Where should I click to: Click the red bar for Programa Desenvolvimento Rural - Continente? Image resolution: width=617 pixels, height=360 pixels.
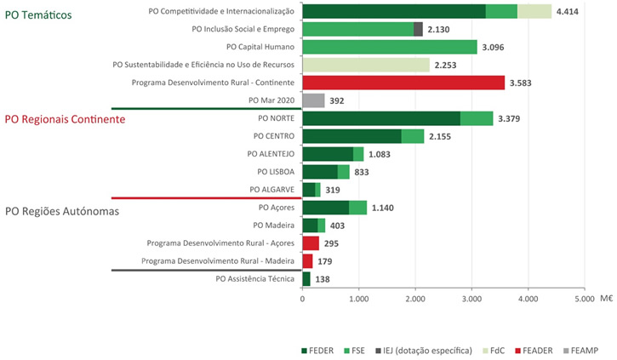click(403, 83)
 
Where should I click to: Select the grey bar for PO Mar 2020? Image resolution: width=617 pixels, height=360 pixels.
click(313, 100)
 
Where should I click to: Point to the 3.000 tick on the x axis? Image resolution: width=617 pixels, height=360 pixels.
click(471, 299)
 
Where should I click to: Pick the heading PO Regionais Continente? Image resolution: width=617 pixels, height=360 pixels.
click(66, 119)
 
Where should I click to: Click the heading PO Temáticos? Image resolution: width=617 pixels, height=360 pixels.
click(38, 15)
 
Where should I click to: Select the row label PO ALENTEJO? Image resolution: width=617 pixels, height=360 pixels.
click(270, 154)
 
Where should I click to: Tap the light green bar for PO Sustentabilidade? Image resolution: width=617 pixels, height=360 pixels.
click(365, 65)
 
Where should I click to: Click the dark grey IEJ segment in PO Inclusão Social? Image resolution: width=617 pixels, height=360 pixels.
click(418, 29)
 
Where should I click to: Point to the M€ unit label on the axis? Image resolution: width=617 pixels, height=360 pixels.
click(605, 299)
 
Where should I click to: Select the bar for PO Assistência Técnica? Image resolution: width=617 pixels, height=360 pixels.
click(306, 278)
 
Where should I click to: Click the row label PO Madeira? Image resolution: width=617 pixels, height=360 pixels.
click(274, 226)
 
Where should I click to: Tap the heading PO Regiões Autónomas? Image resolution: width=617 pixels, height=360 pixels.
click(62, 210)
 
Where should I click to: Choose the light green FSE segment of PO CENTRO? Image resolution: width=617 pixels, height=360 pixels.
click(413, 136)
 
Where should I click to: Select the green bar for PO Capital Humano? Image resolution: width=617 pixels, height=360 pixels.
click(389, 47)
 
